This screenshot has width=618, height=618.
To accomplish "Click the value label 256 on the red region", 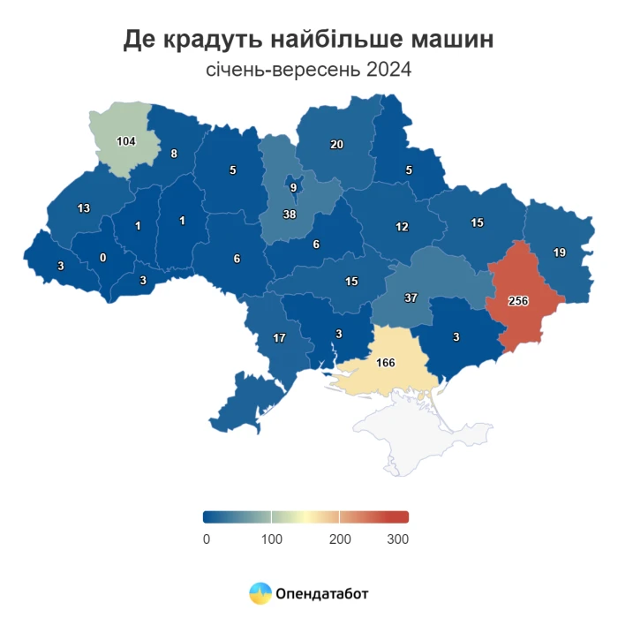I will click(518, 301).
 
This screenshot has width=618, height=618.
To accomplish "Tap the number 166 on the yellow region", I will click(385, 362).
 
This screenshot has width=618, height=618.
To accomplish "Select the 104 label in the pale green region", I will click(126, 141).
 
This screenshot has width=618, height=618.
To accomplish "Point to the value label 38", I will click(289, 215).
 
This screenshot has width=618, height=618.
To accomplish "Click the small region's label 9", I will click(293, 187).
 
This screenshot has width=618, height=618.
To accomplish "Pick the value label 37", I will click(411, 298).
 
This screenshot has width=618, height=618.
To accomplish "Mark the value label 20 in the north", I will click(336, 145).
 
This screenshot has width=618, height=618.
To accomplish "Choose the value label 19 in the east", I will click(560, 252).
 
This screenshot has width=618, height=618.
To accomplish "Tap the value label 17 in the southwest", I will click(279, 338).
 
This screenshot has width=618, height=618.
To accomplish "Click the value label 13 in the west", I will click(84, 208).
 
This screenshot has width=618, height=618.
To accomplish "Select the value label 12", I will click(402, 227).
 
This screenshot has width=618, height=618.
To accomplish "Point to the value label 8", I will click(174, 154).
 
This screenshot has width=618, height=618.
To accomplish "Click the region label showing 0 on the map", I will click(103, 258).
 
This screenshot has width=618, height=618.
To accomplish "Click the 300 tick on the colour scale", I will click(397, 539).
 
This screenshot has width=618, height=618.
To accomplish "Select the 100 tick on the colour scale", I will click(271, 539).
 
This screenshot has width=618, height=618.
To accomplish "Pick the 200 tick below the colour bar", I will click(340, 539).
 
